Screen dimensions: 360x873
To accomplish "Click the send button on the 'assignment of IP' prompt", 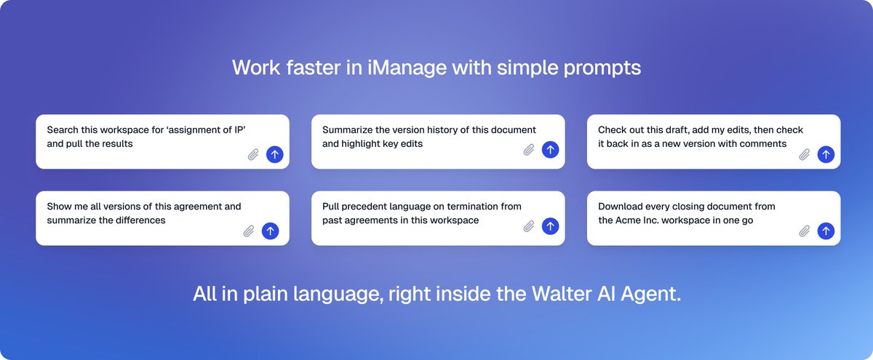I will (x=274, y=154).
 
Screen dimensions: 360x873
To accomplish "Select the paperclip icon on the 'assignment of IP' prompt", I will (x=253, y=154).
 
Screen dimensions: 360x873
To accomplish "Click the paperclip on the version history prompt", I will (x=529, y=151).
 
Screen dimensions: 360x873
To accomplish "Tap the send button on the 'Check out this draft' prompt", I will (x=826, y=154).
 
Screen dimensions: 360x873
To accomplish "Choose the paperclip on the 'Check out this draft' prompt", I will (x=805, y=154).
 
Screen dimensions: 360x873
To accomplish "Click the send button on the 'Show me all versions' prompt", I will (x=271, y=231).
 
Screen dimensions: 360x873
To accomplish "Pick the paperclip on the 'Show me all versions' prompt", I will (x=249, y=231).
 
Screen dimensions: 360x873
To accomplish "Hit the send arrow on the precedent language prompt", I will (x=550, y=227).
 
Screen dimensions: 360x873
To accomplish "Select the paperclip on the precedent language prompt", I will (x=529, y=227).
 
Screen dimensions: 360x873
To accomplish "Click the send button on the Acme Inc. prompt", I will (x=826, y=231).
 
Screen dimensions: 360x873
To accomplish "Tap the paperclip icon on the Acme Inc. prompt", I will (x=805, y=231).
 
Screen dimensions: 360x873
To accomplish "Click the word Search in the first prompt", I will (x=63, y=130).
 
